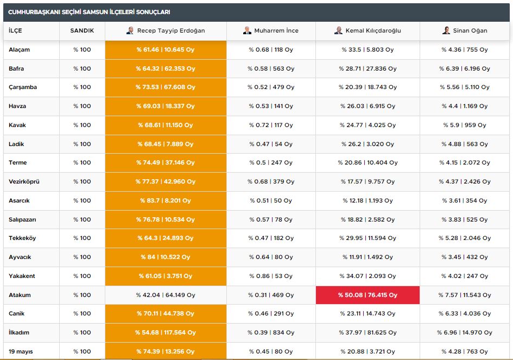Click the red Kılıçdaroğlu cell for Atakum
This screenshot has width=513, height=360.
click(x=368, y=295)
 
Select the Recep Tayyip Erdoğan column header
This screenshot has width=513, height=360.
click(x=166, y=30)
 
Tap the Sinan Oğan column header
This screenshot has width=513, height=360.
click(x=465, y=30)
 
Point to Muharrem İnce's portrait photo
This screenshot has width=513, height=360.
click(x=248, y=30)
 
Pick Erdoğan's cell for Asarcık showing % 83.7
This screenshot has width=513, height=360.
click(x=166, y=200)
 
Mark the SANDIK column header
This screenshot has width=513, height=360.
click(x=82, y=30)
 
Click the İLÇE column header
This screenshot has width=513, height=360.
click(x=16, y=30)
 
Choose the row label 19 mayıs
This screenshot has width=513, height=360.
click(x=21, y=351)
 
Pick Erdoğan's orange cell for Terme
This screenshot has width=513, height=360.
click(x=166, y=162)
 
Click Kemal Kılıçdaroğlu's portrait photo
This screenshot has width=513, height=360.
click(x=338, y=30)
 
